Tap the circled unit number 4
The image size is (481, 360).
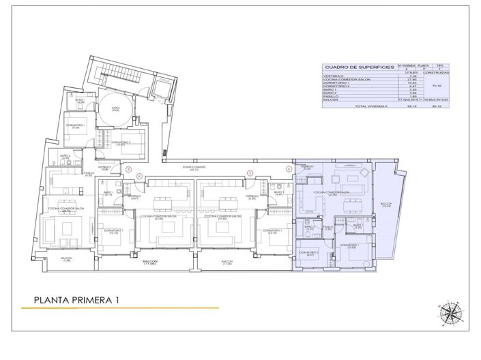point(139,176)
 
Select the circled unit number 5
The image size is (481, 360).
point(250,174)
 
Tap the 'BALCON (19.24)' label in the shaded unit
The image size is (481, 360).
point(385,205)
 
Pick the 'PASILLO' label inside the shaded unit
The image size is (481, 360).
point(327,228)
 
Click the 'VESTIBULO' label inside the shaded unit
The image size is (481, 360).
point(307,167)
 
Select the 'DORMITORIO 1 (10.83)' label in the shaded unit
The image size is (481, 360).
point(349,246)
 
